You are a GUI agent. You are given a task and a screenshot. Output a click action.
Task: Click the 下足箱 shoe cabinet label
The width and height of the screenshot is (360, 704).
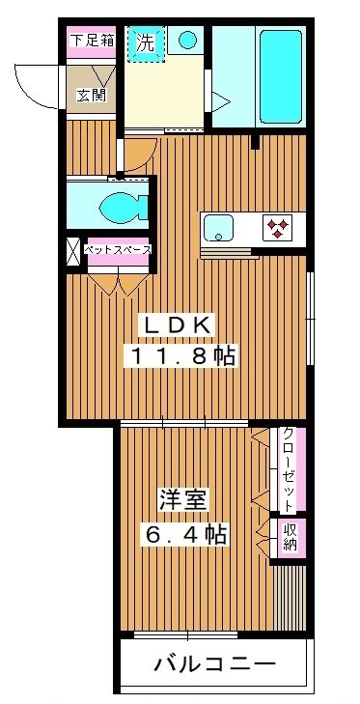tap(93, 42)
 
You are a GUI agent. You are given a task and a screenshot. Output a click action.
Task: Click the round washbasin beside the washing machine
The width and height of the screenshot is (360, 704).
tap(188, 41)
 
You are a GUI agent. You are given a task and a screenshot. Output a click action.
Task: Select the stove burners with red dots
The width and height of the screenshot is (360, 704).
tap(279, 229)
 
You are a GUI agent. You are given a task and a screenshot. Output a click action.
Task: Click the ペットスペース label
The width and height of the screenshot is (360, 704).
tap(118, 249)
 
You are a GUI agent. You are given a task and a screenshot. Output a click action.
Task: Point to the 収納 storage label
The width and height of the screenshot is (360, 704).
tap(289, 538)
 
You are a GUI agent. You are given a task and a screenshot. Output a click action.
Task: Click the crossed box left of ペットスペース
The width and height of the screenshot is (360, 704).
tap(72, 251)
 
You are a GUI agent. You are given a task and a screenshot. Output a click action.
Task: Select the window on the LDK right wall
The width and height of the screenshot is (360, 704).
tap(309, 319)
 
